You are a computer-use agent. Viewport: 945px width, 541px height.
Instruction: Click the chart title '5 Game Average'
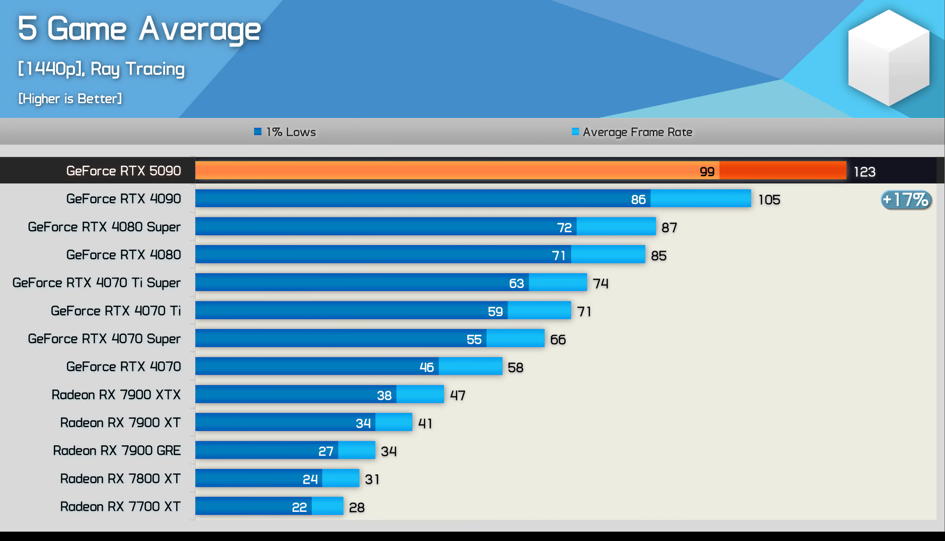click(139, 29)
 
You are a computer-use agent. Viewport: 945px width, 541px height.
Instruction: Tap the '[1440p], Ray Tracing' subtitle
click(101, 69)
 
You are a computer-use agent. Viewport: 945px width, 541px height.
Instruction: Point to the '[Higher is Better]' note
click(70, 99)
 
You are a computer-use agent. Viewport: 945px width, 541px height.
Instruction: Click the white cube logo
click(888, 58)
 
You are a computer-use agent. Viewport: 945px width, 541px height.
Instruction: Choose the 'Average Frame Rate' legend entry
click(632, 132)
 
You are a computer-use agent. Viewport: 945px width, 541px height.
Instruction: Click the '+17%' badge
click(906, 200)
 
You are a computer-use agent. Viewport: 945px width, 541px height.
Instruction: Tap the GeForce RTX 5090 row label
click(123, 171)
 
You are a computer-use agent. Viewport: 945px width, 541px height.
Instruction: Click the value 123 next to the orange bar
click(864, 172)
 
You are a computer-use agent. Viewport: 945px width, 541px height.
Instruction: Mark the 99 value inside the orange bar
click(707, 172)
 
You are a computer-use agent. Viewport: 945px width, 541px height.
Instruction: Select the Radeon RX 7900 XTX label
click(116, 395)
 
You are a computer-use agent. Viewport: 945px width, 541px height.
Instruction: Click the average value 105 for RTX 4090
click(769, 200)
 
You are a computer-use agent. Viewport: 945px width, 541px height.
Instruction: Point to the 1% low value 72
click(564, 227)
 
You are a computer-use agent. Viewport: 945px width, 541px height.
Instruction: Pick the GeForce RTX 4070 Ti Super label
click(96, 283)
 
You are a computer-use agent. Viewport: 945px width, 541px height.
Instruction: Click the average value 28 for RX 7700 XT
click(357, 507)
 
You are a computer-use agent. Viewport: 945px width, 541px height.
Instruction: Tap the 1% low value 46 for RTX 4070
click(426, 367)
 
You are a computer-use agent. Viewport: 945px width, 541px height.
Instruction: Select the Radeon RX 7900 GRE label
click(117, 450)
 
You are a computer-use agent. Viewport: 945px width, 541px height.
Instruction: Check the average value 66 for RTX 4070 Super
click(558, 339)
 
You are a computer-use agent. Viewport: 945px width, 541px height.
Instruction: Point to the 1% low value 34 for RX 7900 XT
click(363, 423)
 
